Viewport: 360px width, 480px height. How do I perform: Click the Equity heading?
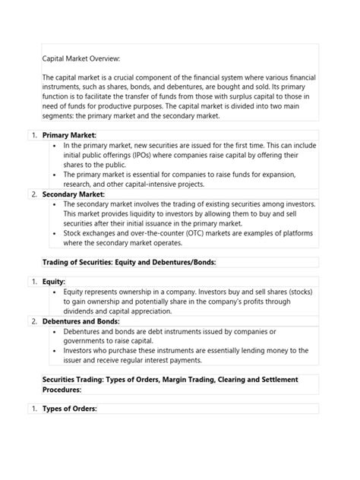coord(55,281)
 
